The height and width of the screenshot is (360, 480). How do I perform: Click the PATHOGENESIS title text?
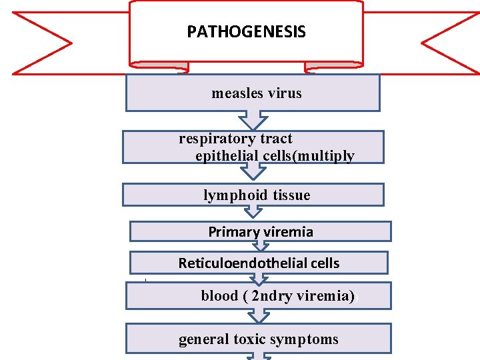(246, 32)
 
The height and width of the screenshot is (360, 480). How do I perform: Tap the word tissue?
(288, 195)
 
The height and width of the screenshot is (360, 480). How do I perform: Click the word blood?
(220, 295)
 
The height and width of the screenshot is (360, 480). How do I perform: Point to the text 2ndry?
(273, 295)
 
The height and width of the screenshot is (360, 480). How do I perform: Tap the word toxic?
(248, 340)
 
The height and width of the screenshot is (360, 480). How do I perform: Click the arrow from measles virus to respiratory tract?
(253, 121)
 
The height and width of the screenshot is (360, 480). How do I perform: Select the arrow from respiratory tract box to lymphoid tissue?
(253, 171)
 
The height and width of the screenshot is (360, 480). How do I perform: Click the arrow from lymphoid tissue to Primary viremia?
(253, 213)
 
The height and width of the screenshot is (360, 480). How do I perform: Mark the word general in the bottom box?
(203, 340)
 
